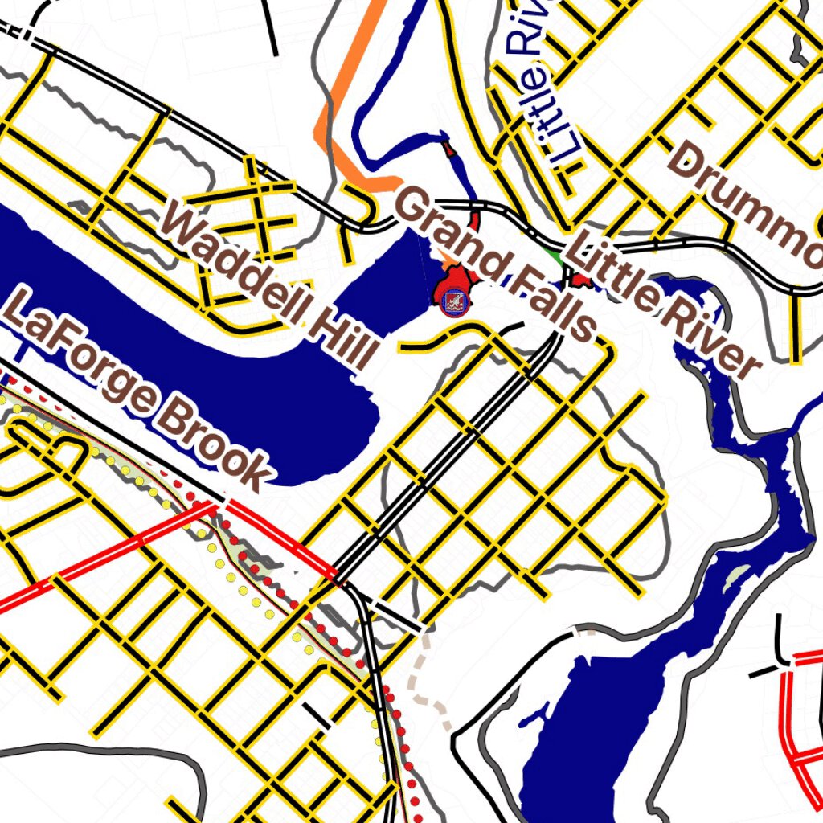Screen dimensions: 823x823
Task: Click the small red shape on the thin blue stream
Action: (448, 148)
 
